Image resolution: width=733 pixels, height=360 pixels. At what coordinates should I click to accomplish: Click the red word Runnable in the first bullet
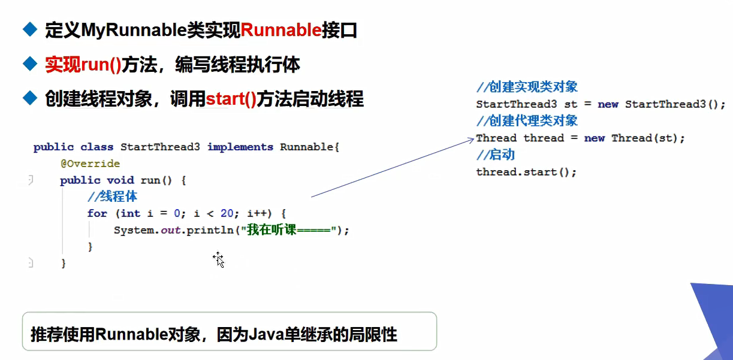coord(281,30)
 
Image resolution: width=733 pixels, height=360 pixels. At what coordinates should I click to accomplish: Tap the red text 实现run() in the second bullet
coord(83,65)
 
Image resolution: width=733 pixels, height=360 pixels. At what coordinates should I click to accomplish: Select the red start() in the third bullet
coord(231,98)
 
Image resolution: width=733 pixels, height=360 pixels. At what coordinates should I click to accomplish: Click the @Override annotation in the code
coord(90,164)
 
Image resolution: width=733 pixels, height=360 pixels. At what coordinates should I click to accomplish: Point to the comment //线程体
coord(113,196)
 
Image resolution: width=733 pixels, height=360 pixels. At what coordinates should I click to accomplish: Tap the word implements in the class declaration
coord(240,147)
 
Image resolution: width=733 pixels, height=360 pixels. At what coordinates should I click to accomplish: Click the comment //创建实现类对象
coord(527,87)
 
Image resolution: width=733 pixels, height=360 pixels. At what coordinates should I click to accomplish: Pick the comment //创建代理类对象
coord(527,121)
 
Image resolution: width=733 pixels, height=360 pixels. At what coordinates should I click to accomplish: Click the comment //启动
coord(495,155)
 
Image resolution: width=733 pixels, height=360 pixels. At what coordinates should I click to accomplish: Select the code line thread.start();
coord(526,172)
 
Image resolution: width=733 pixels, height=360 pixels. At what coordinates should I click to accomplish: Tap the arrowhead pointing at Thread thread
coord(471,140)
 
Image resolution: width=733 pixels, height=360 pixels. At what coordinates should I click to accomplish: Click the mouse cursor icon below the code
coord(218,259)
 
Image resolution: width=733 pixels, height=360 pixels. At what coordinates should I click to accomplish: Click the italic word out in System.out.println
coord(171,230)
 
